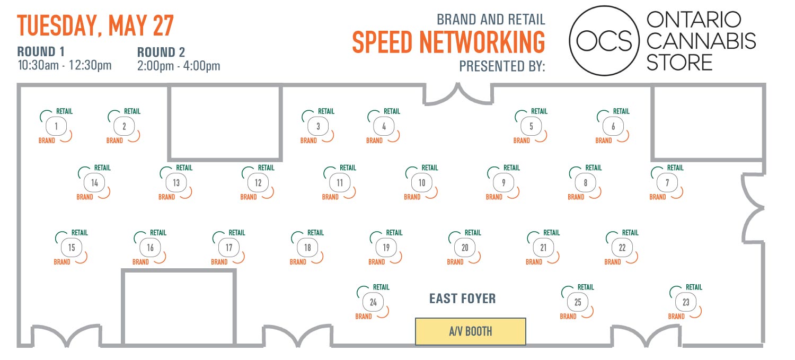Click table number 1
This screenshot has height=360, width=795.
click(56, 126)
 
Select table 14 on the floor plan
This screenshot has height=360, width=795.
click(94, 183)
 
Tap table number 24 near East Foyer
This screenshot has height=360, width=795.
click(373, 302)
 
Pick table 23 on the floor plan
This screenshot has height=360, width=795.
click(686, 302)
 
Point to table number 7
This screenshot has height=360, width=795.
click(667, 183)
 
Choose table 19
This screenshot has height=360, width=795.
click(386, 248)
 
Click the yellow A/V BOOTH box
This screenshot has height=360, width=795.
click(470, 331)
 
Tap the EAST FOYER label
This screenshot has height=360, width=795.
click(462, 298)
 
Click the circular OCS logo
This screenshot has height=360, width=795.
click(604, 41)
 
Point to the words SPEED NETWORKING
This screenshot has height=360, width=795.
click(448, 42)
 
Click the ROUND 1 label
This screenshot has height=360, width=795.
click(41, 51)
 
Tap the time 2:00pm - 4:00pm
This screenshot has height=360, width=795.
click(179, 66)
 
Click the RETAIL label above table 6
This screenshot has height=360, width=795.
click(621, 111)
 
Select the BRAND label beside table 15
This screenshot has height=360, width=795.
click(62, 262)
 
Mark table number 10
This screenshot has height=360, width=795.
click(422, 183)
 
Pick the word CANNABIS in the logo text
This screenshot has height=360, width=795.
click(701, 41)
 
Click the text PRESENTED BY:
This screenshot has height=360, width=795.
click(502, 66)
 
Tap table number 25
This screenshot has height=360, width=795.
click(578, 302)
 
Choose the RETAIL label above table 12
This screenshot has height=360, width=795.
click(266, 168)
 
